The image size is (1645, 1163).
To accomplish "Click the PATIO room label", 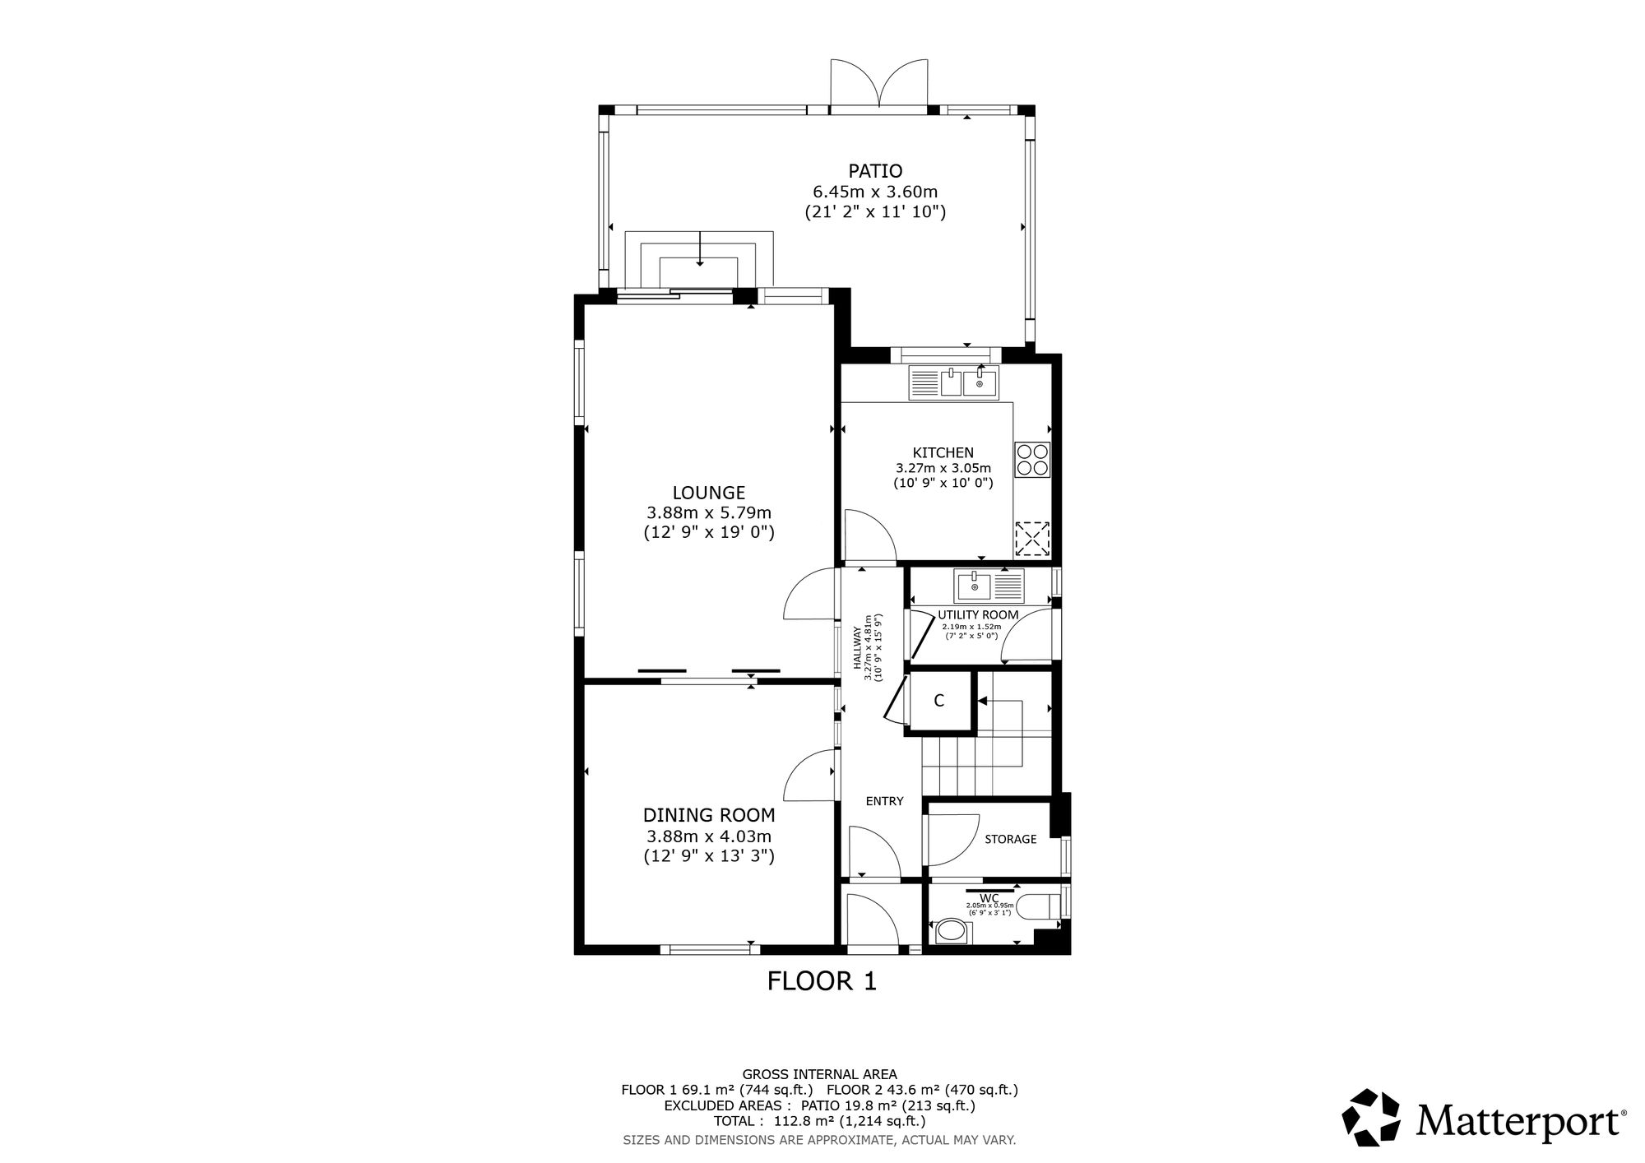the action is coord(875,171).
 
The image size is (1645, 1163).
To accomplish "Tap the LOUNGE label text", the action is coord(709,493).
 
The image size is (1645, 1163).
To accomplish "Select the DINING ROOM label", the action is coord(709,815).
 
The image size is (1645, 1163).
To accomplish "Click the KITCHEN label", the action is coord(943,452).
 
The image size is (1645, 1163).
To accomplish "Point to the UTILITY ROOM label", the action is coord(978,615).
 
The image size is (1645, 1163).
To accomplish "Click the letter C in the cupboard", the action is coord(938,701).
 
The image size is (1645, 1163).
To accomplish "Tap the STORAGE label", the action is coord(1011,839).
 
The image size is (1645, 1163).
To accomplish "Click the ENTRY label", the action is coord(885,801).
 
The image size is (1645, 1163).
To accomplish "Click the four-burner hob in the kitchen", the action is coord(1033,459).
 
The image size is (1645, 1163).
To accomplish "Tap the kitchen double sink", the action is coord(954,382).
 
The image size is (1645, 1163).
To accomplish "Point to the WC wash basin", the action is coord(953,932).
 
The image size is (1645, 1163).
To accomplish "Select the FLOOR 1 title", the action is coord(822,981).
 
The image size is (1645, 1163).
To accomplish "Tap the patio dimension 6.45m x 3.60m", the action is coord(875,192).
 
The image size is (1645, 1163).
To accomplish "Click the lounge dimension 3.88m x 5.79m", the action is coord(709,512).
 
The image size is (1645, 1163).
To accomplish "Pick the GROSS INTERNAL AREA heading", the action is coord(819,1074).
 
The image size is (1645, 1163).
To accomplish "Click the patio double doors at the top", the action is coord(879,84).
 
